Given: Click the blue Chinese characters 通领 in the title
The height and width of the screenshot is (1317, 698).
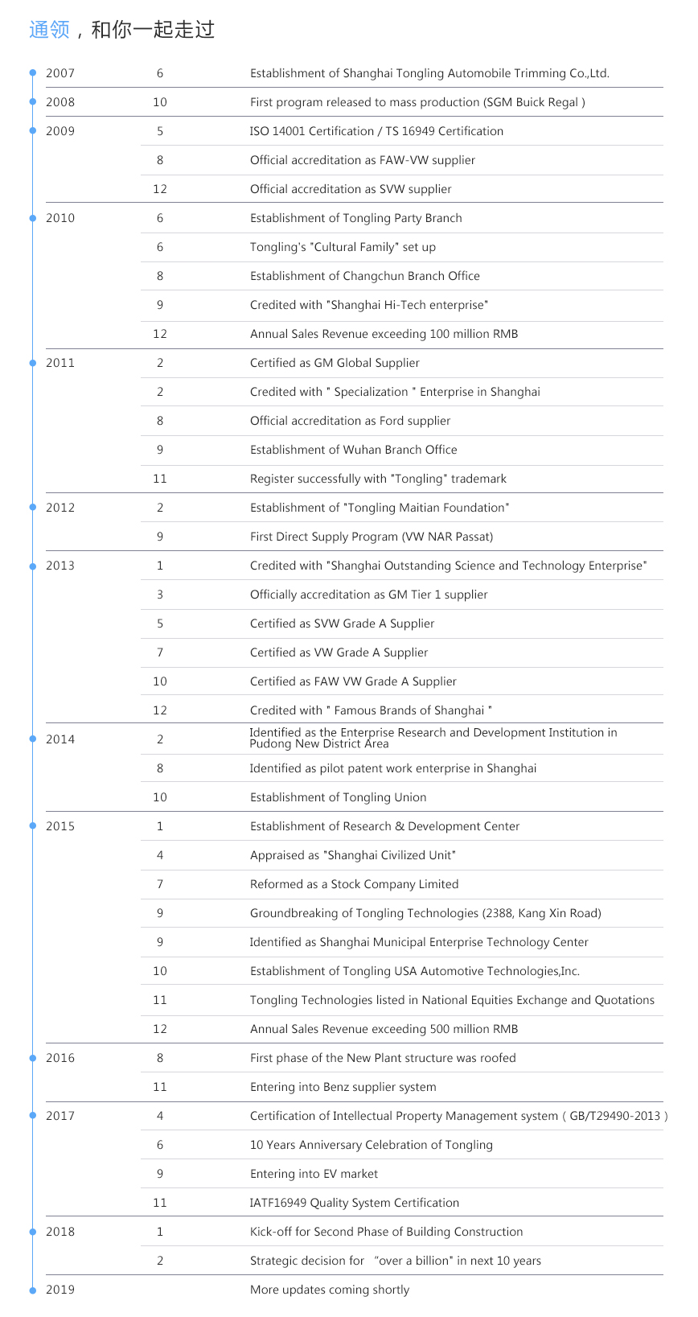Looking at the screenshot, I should point(50,30).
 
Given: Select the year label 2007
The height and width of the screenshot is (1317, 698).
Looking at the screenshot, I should point(60,73).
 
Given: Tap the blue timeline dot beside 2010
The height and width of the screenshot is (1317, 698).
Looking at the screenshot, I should point(33,218).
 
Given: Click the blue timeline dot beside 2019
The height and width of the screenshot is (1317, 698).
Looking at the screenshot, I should point(33,1290).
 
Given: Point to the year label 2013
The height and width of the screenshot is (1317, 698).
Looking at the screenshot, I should point(60,566).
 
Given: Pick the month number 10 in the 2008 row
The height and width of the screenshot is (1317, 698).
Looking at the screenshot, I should point(160,102).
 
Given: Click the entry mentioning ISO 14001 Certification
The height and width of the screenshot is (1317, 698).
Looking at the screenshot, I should point(376,131).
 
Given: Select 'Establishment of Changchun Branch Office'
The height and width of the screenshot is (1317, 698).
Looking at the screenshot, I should point(364,276).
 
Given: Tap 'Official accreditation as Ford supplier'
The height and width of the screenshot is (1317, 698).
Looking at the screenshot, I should point(350,421).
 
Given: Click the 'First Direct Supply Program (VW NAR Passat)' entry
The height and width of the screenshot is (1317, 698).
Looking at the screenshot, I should point(372,537).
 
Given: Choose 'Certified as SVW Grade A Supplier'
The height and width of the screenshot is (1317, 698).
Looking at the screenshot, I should point(342,624).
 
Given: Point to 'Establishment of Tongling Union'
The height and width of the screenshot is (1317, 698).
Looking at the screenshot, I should point(338,797).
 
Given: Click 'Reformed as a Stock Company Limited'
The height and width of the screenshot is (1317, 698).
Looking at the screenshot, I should point(354,884).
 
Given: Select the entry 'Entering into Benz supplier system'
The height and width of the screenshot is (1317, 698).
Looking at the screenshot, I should point(343,1087).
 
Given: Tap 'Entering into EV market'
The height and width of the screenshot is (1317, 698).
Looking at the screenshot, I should point(314,1174).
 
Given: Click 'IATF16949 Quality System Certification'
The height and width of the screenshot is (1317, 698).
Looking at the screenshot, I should point(354,1203).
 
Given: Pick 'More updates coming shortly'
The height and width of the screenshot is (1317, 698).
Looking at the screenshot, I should point(329,1290).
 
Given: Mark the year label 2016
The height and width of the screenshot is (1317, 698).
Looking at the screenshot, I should point(60,1058).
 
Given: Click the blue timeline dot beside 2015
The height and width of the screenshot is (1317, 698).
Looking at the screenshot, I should point(33,826).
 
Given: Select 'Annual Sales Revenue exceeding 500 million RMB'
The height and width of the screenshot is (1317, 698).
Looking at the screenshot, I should point(384,1029).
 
